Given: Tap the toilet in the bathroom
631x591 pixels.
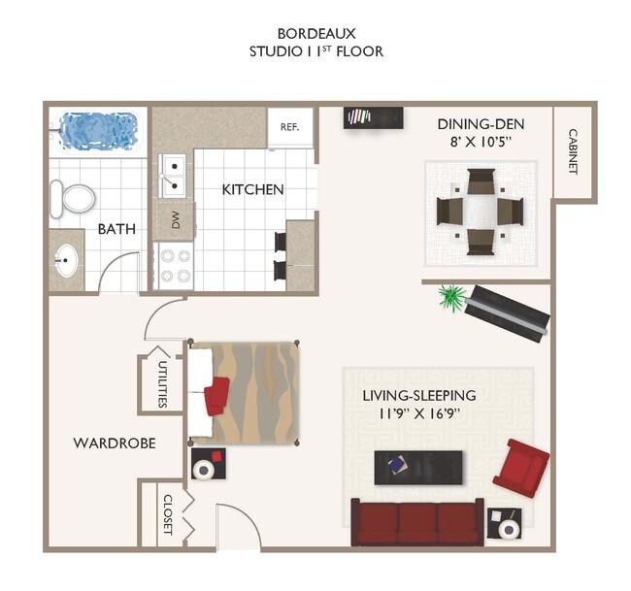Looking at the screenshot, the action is point(73,199).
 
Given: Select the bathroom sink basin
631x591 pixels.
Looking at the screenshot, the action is point(66,260).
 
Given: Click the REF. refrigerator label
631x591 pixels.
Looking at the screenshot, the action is point(289,127).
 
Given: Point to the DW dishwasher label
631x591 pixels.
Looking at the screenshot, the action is point(176,219).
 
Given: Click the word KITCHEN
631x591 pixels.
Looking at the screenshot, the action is point(252,189).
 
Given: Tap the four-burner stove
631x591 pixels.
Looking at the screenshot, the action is point(174,266).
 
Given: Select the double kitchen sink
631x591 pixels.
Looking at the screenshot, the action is point(172,177).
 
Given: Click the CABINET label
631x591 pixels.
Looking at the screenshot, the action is point(573,151).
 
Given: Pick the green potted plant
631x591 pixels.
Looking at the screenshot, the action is point(452,297).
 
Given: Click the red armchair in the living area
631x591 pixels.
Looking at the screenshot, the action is point(521,469).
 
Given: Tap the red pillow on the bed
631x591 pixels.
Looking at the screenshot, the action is point(216,396).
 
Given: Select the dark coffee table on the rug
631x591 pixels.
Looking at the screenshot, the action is point(418,468).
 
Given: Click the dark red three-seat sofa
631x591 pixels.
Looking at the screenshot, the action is point(417,522).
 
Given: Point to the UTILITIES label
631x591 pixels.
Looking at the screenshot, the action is point(163,384).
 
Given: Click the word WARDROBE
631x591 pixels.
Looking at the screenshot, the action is point(115,443).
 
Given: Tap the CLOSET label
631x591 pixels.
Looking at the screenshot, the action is point(168,514).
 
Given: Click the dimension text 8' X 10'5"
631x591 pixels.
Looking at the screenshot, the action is point(481,142).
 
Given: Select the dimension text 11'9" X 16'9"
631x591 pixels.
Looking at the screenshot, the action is point(419,413).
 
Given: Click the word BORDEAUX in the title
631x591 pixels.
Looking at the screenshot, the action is point(316,33).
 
